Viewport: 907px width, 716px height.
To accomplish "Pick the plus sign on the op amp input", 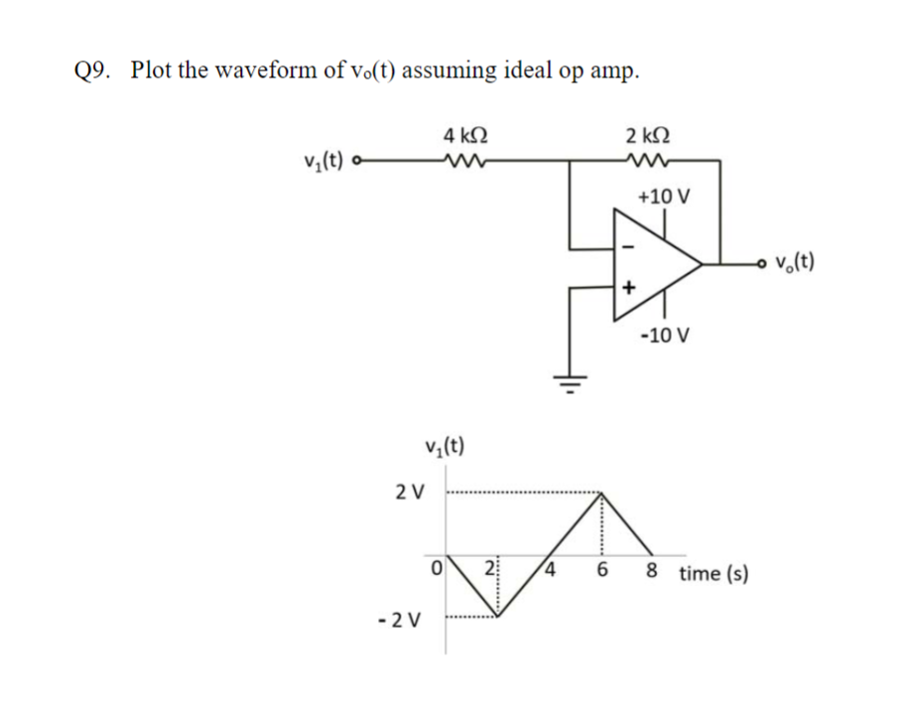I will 626,287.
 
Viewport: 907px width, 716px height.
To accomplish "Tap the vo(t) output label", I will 793,263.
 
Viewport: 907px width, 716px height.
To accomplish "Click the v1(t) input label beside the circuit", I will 324,160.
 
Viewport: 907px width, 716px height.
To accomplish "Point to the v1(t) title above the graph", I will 444,445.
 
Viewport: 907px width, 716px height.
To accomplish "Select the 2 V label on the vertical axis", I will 409,492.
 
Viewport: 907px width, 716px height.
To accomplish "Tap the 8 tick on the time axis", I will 651,572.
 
